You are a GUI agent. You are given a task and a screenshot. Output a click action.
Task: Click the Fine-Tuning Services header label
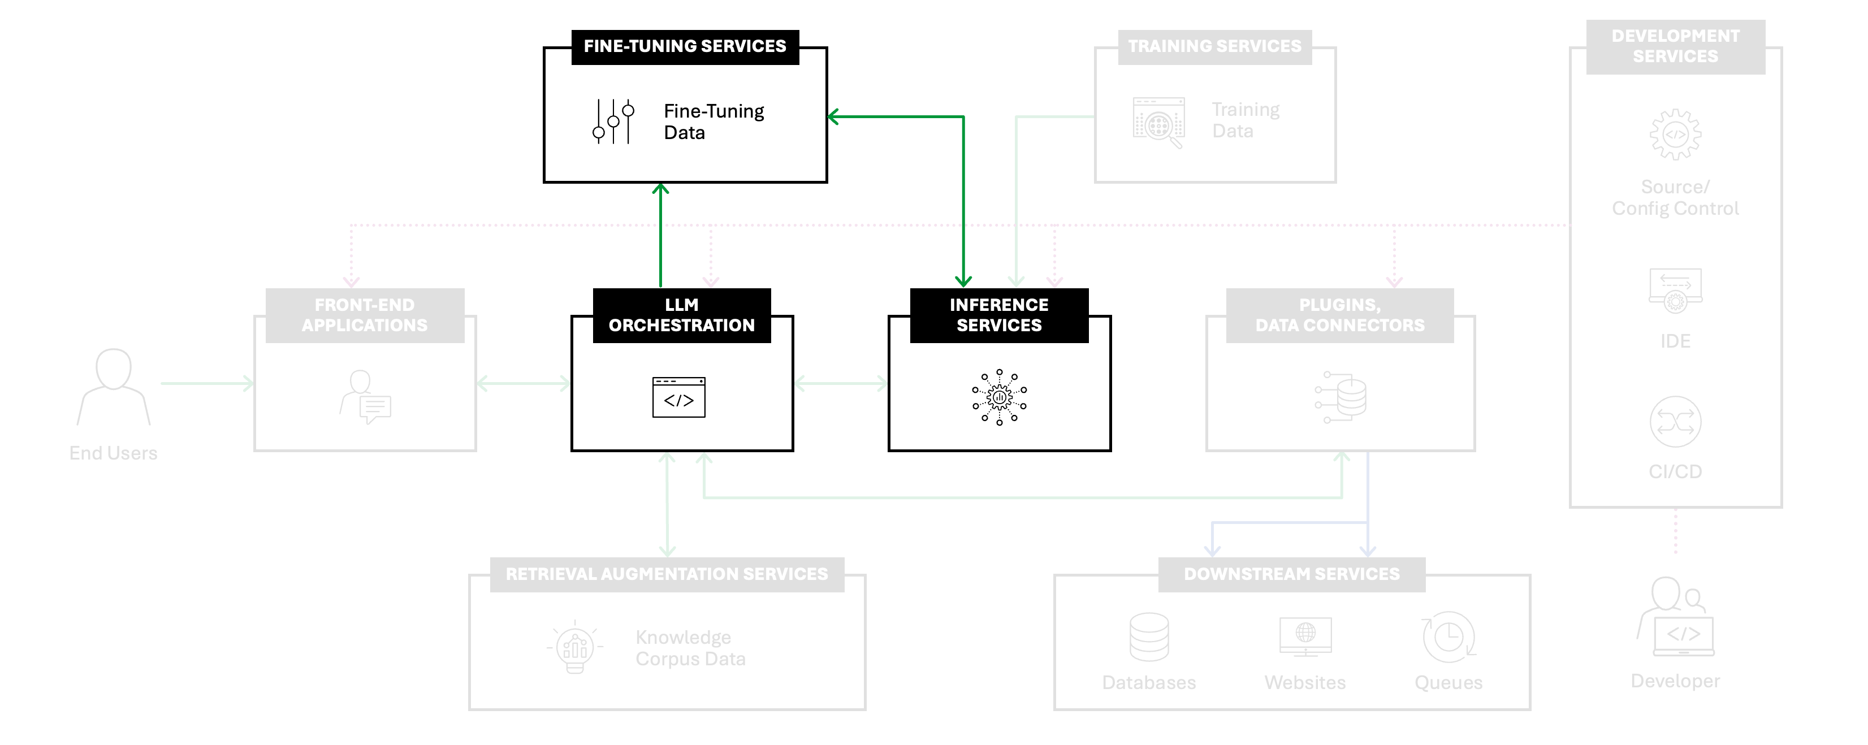[x=685, y=46]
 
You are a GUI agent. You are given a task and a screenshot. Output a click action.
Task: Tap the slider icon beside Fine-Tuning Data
[x=613, y=121]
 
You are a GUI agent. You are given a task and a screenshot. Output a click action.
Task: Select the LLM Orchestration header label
[x=682, y=315]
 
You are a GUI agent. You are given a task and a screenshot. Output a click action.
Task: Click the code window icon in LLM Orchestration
[x=679, y=397]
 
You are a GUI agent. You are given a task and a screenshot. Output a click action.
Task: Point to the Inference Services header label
[x=999, y=315]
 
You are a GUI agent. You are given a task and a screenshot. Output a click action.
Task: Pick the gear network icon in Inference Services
[x=999, y=397]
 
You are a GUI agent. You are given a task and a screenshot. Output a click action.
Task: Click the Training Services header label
[x=1214, y=46]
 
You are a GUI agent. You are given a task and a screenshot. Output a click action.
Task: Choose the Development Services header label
[x=1675, y=46]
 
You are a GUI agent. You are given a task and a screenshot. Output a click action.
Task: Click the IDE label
[x=1675, y=341]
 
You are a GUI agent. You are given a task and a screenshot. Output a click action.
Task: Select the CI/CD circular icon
[x=1675, y=422]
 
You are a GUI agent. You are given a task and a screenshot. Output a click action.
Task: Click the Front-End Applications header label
[x=365, y=315]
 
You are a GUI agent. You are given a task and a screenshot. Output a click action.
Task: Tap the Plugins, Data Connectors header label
[x=1340, y=315]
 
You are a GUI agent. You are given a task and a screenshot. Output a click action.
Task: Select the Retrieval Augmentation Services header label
[x=667, y=574]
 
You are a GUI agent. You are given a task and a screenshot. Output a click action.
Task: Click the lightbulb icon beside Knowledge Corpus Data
[x=575, y=647]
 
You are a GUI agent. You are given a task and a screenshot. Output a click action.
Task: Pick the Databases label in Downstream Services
[x=1149, y=683]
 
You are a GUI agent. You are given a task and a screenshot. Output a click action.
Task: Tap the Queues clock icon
[x=1448, y=637]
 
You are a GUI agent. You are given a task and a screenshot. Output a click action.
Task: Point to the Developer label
[x=1675, y=681]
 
